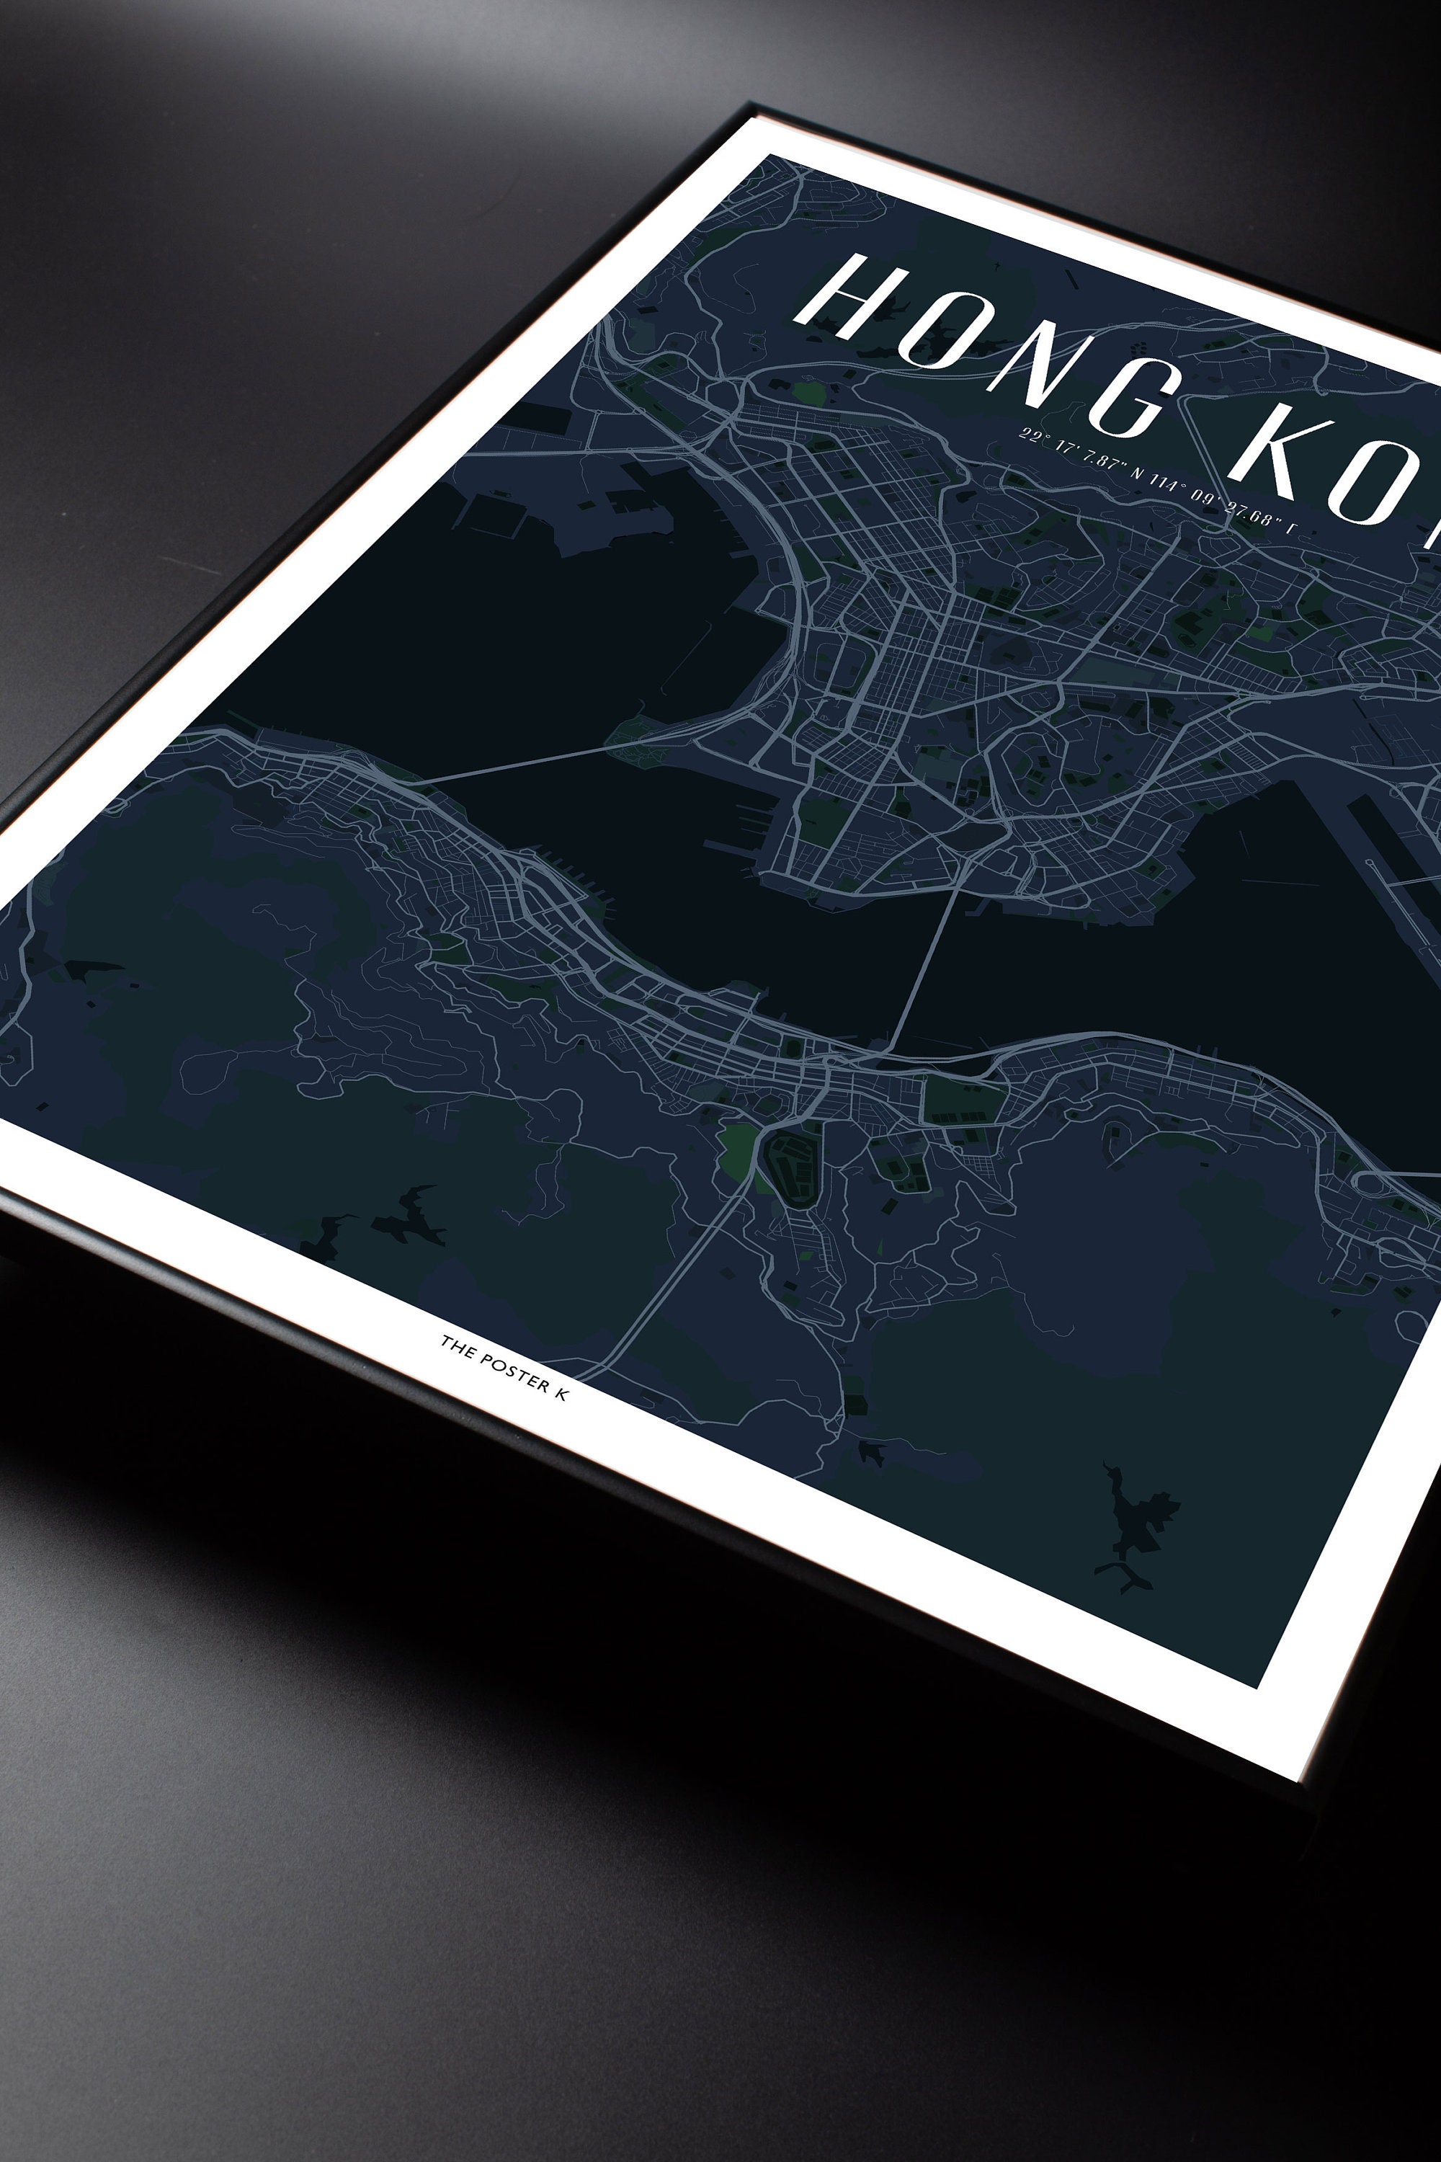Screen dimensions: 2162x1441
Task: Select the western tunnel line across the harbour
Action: [x=514, y=765]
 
